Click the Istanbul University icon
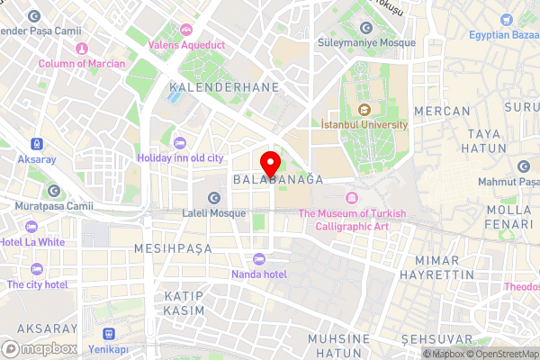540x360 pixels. tap(364, 110)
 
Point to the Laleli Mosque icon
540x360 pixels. tap(214, 198)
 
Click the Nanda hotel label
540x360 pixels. tap(258, 274)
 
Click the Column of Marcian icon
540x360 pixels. tap(81, 49)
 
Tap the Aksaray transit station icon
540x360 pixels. tap(37, 143)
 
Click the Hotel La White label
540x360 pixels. tap(32, 242)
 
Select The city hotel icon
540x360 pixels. tap(37, 269)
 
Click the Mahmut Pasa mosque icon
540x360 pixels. tap(525, 166)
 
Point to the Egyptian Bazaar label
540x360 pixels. tap(503, 35)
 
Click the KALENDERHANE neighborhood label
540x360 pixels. tap(224, 87)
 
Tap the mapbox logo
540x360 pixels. tap(40, 348)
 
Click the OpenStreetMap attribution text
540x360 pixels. tap(501, 354)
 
